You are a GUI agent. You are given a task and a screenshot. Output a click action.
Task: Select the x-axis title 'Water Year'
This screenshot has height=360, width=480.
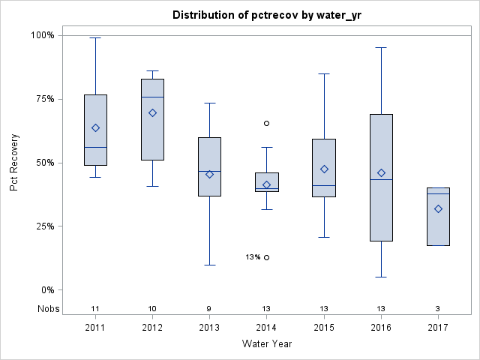click(x=266, y=343)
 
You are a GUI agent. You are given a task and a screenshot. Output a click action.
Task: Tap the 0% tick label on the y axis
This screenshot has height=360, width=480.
click(x=46, y=289)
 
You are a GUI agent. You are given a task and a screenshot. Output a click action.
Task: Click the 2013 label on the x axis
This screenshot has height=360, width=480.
click(x=209, y=328)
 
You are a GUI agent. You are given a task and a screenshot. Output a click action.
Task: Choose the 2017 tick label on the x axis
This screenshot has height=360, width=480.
click(x=438, y=328)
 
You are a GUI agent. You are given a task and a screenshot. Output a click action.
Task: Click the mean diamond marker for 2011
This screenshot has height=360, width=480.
click(x=95, y=127)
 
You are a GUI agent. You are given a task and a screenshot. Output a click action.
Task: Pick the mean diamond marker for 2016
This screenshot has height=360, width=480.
click(x=381, y=173)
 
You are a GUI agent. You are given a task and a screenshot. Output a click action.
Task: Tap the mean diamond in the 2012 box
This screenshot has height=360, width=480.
click(x=152, y=112)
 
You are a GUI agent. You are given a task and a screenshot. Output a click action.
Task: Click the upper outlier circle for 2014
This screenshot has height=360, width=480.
click(x=266, y=123)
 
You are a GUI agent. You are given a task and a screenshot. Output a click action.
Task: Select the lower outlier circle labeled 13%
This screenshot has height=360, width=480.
click(x=266, y=257)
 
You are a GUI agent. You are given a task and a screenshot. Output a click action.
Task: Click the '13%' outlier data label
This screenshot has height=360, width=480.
click(x=253, y=257)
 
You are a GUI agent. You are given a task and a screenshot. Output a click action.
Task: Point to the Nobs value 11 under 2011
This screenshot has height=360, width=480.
click(x=95, y=308)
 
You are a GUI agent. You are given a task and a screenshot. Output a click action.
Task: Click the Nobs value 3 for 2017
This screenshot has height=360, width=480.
click(x=438, y=308)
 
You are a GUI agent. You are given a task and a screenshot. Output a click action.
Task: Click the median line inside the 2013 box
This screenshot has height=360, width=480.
click(x=209, y=171)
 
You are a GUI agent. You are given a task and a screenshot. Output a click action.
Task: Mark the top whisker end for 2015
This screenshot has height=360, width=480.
click(x=324, y=73)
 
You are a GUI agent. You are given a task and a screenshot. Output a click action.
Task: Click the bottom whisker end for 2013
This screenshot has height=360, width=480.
click(x=209, y=265)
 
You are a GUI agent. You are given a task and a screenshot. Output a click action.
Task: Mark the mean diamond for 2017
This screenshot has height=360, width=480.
click(x=438, y=208)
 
